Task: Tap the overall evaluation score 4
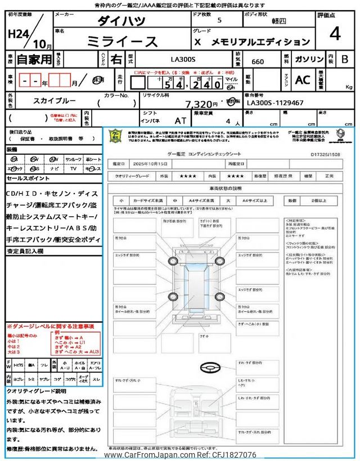(x=335, y=34)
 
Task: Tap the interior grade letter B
(x=344, y=59)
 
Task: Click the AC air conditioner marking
(x=303, y=80)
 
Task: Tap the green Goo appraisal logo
(x=115, y=136)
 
